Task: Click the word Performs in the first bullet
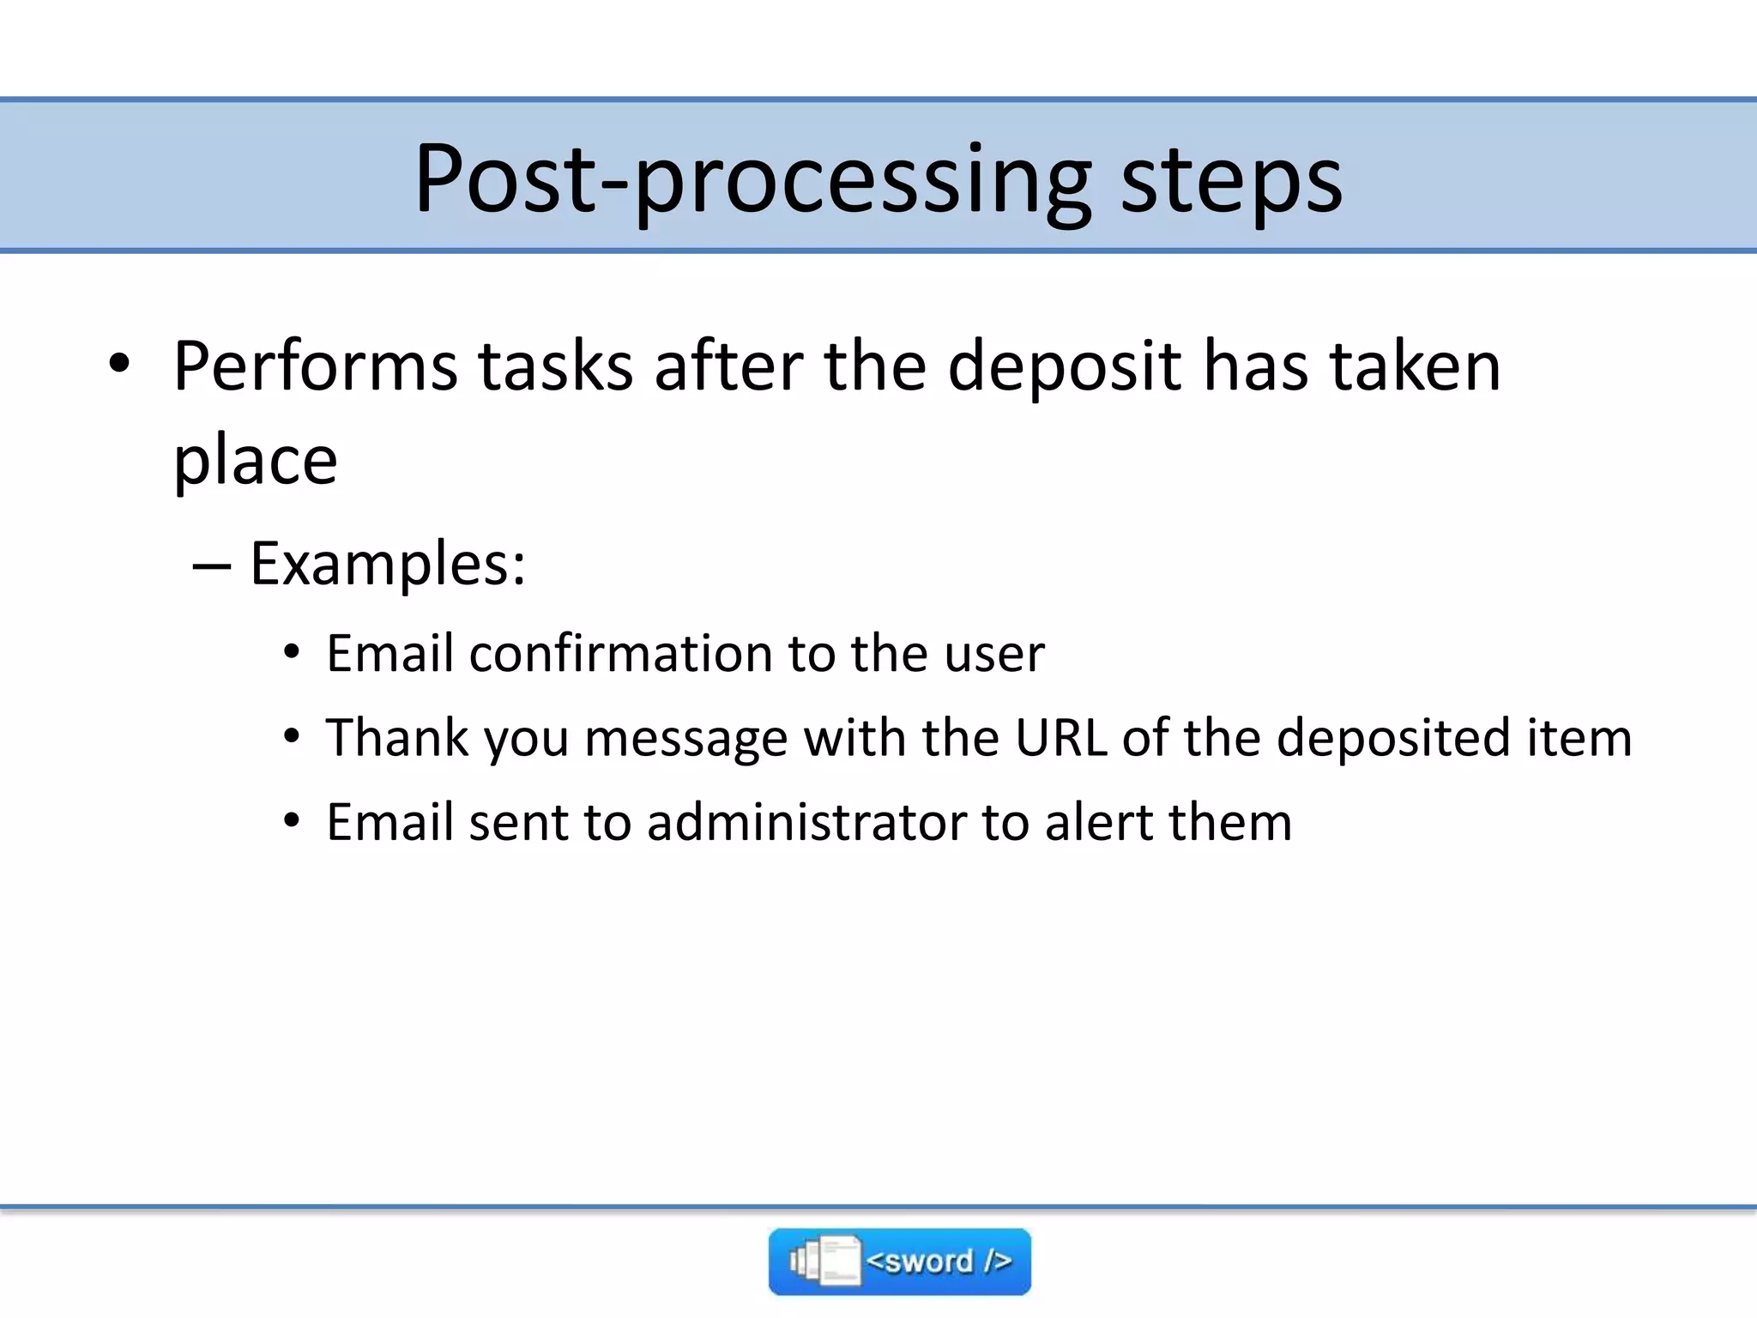(x=315, y=367)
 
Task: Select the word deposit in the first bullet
(x=1064, y=367)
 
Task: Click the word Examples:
(x=388, y=565)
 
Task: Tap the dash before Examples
(x=212, y=566)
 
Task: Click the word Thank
(x=397, y=738)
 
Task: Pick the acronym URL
(x=1060, y=738)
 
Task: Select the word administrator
(x=806, y=822)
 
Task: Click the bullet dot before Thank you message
(x=292, y=737)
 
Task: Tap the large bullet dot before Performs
(x=119, y=364)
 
